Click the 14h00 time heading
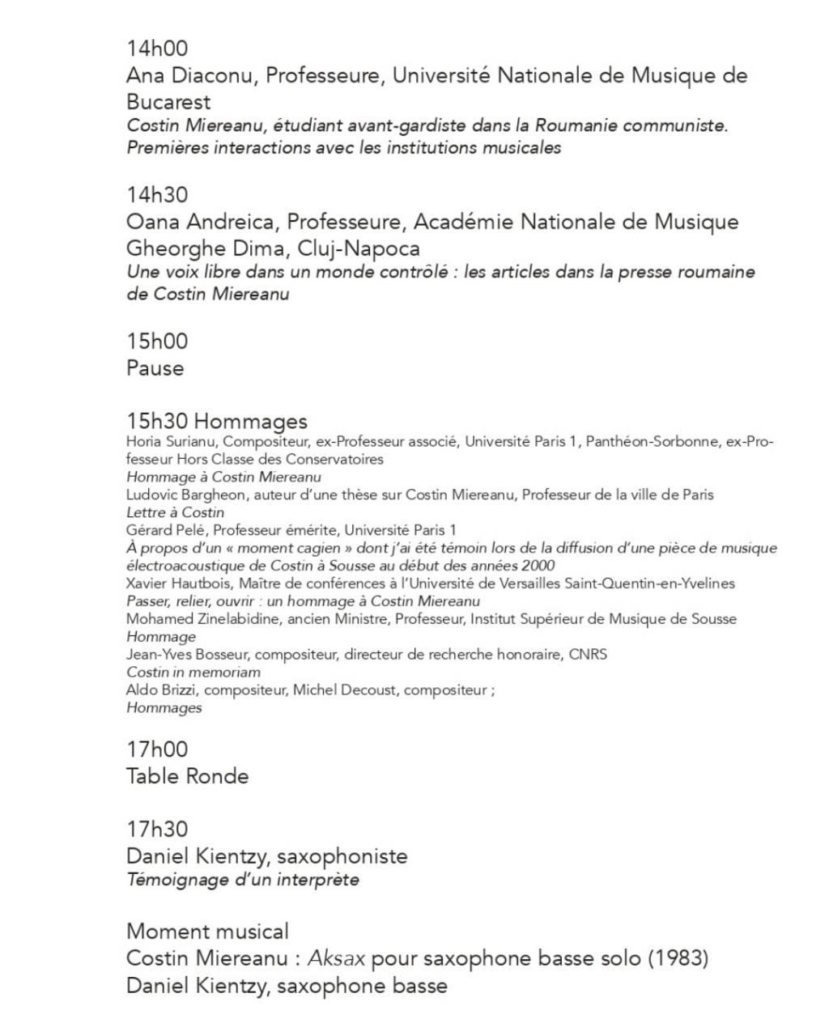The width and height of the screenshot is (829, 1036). pyautogui.click(x=157, y=49)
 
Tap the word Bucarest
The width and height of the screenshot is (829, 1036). pyautogui.click(x=168, y=102)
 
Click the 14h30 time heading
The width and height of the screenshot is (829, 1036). pyautogui.click(x=157, y=195)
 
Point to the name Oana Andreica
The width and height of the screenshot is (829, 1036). pyautogui.click(x=202, y=222)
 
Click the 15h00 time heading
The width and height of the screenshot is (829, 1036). pyautogui.click(x=157, y=341)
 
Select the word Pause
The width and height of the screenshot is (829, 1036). pyautogui.click(x=155, y=368)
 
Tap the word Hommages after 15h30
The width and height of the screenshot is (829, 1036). pyautogui.click(x=251, y=422)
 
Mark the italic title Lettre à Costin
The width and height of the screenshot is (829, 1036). pyautogui.click(x=176, y=512)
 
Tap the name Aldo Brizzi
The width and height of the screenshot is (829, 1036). pyautogui.click(x=156, y=690)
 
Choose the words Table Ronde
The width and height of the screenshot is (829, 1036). pyautogui.click(x=188, y=776)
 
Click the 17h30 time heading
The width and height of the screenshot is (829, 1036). pyautogui.click(x=157, y=829)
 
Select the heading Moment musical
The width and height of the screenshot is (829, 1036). pyautogui.click(x=207, y=932)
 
